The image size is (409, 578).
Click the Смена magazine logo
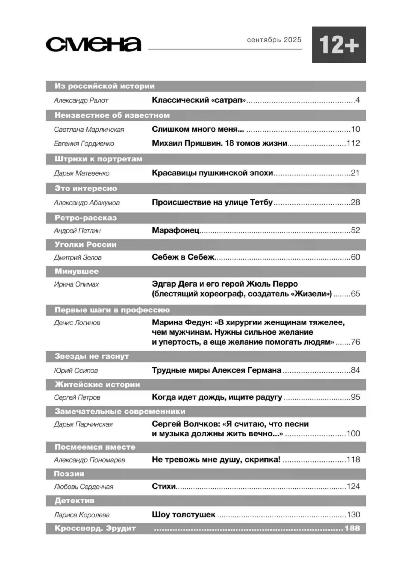(x=93, y=45)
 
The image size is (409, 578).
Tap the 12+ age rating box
(x=339, y=45)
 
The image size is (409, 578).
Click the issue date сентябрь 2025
(x=274, y=40)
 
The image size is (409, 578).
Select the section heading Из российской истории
(x=104, y=86)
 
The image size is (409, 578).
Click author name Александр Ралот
(x=81, y=100)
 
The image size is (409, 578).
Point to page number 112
(x=353, y=143)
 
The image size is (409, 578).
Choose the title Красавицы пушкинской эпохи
(x=212, y=173)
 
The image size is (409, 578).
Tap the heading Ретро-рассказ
(x=86, y=218)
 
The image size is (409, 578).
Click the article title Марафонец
(x=175, y=230)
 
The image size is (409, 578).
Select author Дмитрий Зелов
(x=78, y=257)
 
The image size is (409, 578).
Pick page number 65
(x=355, y=294)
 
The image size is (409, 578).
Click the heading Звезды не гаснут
(x=92, y=356)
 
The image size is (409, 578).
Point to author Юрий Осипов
(x=76, y=371)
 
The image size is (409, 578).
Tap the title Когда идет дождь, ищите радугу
(x=217, y=397)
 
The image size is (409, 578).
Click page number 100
(x=353, y=433)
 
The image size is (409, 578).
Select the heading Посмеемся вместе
(x=95, y=447)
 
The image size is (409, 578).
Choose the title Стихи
(x=164, y=486)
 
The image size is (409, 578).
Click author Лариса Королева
(x=82, y=515)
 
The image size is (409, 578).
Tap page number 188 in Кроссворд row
(x=352, y=528)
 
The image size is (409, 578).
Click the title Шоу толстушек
(x=183, y=514)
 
